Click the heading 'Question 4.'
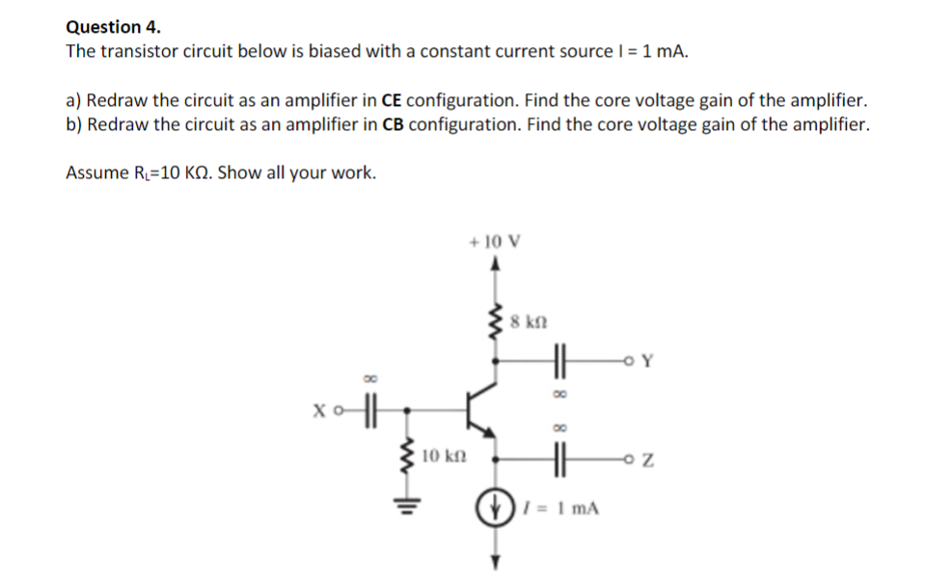tap(114, 26)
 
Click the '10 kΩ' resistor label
tap(444, 453)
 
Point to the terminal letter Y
tap(647, 362)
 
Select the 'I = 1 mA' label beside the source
tap(562, 507)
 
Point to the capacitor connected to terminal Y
tap(557, 362)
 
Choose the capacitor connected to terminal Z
tap(557, 460)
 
